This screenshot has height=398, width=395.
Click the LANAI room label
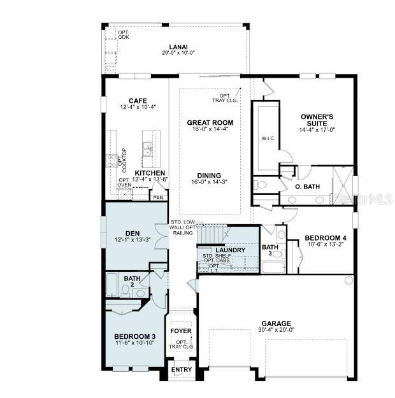[178, 46]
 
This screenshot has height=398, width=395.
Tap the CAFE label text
[138, 101]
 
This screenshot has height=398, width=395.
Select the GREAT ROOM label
[210, 122]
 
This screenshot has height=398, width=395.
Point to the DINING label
[209, 176]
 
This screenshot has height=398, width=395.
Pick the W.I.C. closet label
[268, 137]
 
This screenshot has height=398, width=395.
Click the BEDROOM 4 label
[325, 234]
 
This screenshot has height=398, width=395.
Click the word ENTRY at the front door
[182, 370]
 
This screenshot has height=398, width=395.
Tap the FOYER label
[181, 331]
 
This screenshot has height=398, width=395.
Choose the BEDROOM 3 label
[134, 336]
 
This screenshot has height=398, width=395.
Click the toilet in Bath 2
[126, 291]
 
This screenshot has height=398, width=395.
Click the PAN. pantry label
[157, 197]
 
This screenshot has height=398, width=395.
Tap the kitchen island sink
[147, 149]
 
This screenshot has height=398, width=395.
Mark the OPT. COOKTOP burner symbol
[113, 160]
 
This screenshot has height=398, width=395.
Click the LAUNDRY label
[221, 250]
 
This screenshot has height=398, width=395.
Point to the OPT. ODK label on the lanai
[124, 34]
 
